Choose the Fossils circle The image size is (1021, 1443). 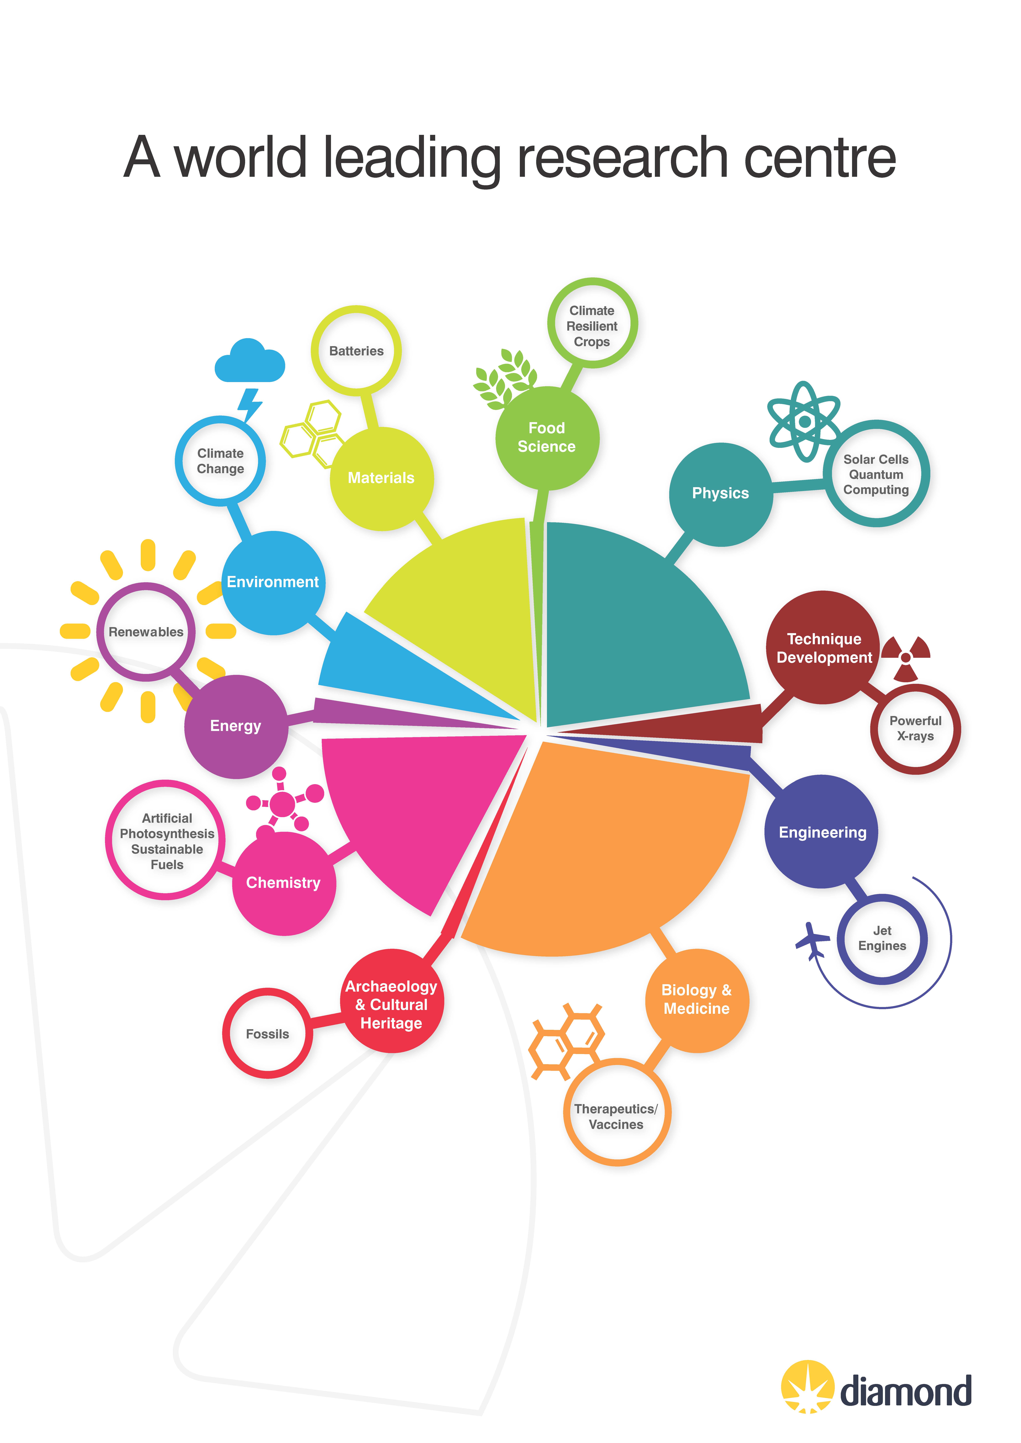click(267, 1033)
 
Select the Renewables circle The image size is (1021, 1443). click(146, 632)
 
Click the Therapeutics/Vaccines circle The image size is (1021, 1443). click(617, 1112)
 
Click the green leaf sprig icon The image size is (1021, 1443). click(505, 379)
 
